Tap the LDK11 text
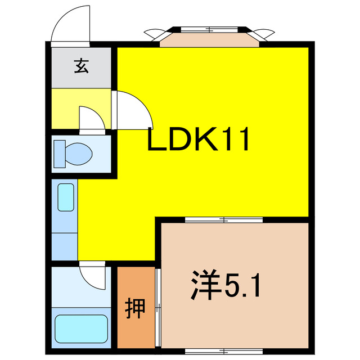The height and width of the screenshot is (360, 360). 198,140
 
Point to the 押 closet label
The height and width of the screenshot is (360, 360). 135,308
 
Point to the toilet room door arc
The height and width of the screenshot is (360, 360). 90,118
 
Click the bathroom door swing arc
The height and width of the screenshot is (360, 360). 92,276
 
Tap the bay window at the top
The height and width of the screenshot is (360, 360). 209,37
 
